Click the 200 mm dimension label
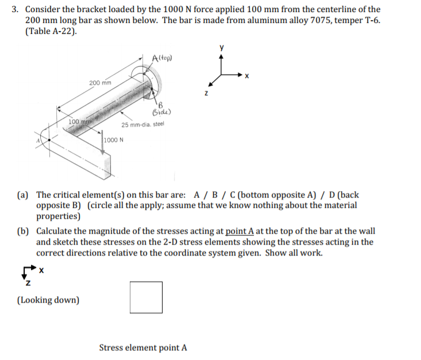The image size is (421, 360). (x=99, y=83)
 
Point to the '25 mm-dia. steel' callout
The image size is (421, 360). (x=143, y=125)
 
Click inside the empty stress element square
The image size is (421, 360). (x=146, y=297)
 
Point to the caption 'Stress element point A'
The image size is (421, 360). (x=143, y=347)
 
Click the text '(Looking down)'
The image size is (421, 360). (x=49, y=300)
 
